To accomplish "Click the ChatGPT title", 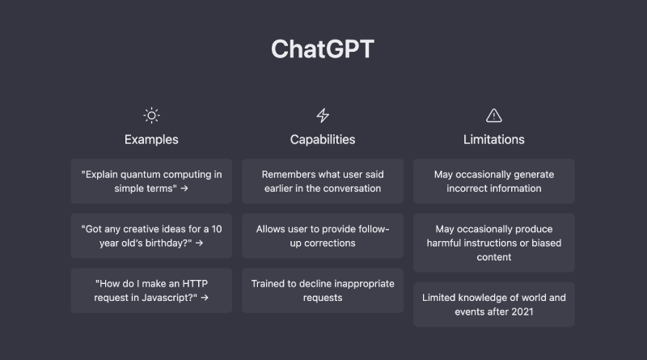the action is [x=323, y=49].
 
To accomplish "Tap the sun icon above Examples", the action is [x=151, y=116].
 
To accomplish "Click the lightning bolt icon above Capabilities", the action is [x=323, y=116].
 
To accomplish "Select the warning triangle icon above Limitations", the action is [x=494, y=116].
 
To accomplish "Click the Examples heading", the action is [x=151, y=139].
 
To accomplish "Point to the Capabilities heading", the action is [x=323, y=139].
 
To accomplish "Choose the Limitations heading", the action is [x=494, y=139].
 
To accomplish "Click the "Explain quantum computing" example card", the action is [x=151, y=181].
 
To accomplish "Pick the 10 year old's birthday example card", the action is [x=151, y=235].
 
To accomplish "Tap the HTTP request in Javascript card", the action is [x=151, y=290].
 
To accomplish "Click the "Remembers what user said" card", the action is [x=323, y=181].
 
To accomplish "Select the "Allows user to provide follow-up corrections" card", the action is [x=323, y=235].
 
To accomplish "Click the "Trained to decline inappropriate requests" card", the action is [x=323, y=290].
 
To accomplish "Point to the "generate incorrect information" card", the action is [x=494, y=181].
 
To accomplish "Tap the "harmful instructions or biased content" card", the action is [x=494, y=243].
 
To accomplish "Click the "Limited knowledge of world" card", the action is [x=494, y=305].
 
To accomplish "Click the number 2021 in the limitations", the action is [x=522, y=311].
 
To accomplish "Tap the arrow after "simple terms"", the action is [x=184, y=188].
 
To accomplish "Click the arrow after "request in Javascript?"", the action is [x=205, y=298].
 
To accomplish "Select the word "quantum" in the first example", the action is [x=139, y=175].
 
